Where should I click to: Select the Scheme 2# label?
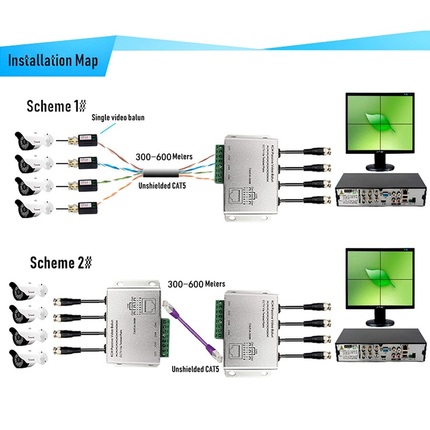coord(61,263)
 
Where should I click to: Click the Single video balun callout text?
coord(118,117)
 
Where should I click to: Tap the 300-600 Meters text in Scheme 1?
coord(166,157)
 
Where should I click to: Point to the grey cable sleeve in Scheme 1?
coord(162,173)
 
